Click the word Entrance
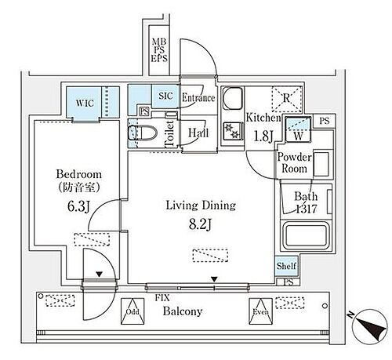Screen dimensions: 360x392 (x=198, y=98)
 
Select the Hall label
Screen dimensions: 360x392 (x=197, y=133)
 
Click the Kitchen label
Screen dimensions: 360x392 (x=263, y=116)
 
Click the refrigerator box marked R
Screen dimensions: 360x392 (x=281, y=98)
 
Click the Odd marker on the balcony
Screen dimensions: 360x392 (x=131, y=311)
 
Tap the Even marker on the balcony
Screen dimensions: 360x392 (x=259, y=311)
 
